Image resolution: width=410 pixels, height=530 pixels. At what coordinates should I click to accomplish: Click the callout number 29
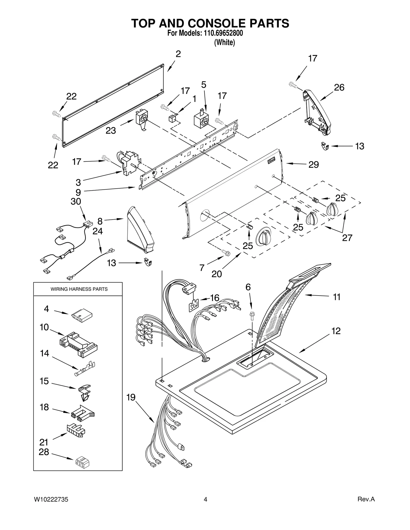tap(313, 165)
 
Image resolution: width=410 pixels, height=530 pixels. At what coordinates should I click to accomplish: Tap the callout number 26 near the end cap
tap(339, 88)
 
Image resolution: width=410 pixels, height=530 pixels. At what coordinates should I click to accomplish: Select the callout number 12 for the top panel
tap(336, 331)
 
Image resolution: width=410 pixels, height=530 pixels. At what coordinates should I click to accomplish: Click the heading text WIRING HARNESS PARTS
tap(79, 289)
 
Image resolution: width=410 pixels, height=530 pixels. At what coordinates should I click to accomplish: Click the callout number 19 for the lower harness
tap(131, 397)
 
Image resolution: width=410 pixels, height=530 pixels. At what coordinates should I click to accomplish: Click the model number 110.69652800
tap(223, 33)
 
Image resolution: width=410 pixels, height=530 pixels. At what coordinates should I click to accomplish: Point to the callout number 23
tap(111, 131)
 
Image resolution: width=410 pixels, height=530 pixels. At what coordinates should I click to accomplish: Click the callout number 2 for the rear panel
tap(178, 54)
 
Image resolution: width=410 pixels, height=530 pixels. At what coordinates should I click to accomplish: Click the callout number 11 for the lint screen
tap(336, 297)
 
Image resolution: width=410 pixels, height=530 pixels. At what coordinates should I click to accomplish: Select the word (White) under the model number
tap(224, 42)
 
